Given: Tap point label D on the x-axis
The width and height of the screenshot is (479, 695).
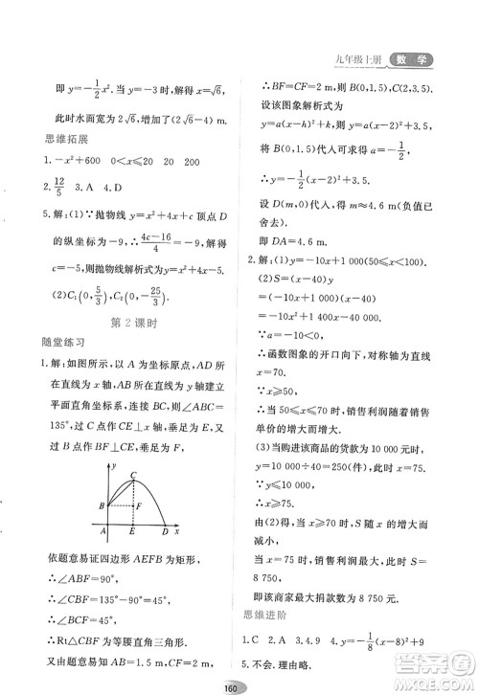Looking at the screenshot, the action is [165, 532].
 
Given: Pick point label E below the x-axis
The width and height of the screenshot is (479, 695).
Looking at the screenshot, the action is [132, 532].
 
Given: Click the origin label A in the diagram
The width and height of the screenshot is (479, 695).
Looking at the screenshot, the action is [103, 532].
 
